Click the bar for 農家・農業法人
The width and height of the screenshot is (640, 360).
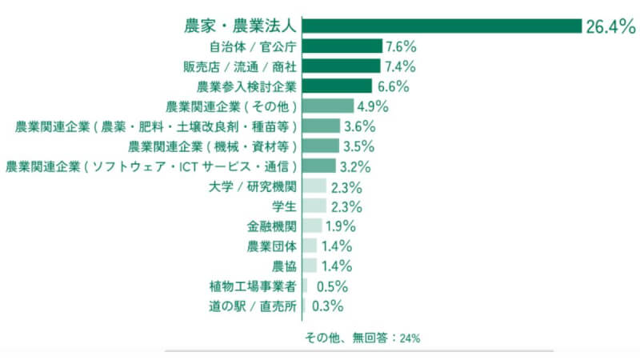pos(442,26)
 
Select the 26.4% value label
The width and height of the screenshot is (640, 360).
pos(610,26)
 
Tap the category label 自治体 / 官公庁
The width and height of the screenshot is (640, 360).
pos(253,46)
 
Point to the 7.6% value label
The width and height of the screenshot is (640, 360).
pos(401,46)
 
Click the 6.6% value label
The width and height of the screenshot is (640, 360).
pos(393,86)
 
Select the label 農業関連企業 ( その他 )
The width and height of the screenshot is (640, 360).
pos(232,106)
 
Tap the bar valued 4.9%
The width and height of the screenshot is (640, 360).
pos(329,106)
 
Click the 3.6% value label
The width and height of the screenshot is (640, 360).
pos(359,126)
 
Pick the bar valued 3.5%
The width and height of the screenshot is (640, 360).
pos(322,146)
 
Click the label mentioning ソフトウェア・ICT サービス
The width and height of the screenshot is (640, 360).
pos(152,166)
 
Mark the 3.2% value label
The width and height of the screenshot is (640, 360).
pos(355,166)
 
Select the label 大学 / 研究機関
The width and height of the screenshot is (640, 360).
pos(251,186)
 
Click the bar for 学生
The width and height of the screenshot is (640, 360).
pos(315,206)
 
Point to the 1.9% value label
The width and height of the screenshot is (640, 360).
pos(341,226)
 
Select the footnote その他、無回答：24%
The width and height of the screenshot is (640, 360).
pos(362,338)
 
